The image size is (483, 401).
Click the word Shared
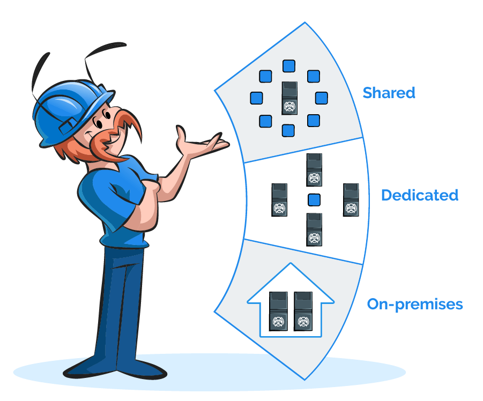389,93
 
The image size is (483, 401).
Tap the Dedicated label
420,195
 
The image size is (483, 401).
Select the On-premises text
414,305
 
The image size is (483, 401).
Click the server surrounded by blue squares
289,98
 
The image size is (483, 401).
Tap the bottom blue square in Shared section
288,130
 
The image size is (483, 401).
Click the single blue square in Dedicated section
315,200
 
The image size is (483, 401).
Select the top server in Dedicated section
314,170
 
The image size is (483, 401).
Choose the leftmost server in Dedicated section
279,199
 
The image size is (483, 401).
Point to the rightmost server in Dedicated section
351,199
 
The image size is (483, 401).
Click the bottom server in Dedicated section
314,229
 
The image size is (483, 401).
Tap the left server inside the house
278,311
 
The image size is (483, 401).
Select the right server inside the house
303,311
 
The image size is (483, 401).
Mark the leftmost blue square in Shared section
257,98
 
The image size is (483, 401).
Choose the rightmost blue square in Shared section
321,98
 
